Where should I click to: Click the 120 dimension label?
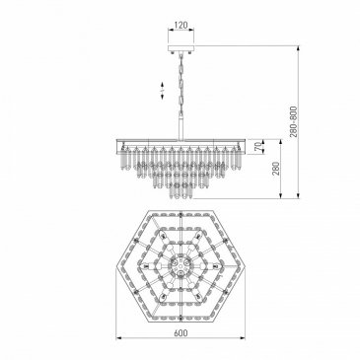click(x=180, y=25)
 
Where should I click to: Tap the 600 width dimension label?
click(x=180, y=332)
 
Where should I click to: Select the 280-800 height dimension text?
click(x=293, y=121)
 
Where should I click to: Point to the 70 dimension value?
click(x=259, y=147)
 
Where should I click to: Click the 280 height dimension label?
click(x=276, y=169)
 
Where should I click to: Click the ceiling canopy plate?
click(x=180, y=48)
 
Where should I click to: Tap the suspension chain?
click(x=180, y=85)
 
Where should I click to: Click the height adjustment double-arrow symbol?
click(x=163, y=91)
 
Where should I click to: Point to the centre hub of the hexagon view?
click(x=180, y=263)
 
